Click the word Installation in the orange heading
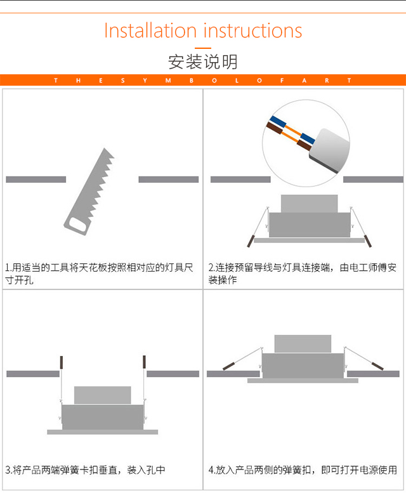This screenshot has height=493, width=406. [x=150, y=31]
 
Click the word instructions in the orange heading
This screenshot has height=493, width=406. [x=252, y=31]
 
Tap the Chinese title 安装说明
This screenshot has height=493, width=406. [x=203, y=62]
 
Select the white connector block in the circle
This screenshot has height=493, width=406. [x=329, y=150]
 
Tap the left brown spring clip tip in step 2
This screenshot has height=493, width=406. [x=251, y=241]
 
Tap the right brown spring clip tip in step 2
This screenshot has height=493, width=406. [x=368, y=241]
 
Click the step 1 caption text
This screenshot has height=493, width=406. [x=99, y=273]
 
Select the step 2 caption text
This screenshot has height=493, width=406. [x=303, y=273]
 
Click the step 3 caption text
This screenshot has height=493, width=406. [x=85, y=470]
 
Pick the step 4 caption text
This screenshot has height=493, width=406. [x=303, y=470]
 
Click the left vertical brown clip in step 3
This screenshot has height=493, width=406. [x=62, y=362]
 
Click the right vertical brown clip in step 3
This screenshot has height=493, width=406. [x=144, y=362]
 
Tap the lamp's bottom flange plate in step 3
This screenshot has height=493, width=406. [x=102, y=432]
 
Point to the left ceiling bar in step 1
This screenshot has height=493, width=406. [x=36, y=179]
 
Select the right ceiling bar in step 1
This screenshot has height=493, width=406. [x=169, y=179]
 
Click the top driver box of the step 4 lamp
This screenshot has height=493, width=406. [x=303, y=344]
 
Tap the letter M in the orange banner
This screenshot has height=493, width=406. [x=168, y=81]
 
